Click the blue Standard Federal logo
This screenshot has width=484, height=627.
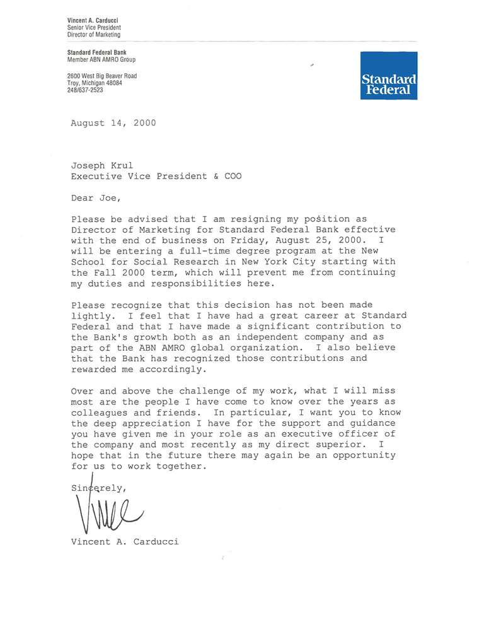tap(388, 75)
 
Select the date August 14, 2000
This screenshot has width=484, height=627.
tap(113, 123)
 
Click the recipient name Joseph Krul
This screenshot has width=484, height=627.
tap(98, 165)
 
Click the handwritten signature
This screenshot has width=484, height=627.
tap(107, 510)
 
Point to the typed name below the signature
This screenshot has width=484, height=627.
tap(125, 541)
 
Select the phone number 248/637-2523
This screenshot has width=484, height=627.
tap(85, 90)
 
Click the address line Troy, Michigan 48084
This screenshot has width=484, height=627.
tap(95, 83)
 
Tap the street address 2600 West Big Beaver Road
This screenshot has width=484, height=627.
tap(102, 76)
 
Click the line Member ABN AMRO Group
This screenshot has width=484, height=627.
tap(101, 59)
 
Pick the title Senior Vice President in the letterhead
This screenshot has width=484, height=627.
tap(94, 28)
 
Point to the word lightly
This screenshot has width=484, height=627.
tap(92, 315)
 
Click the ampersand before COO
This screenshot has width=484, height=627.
tap(216, 176)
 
